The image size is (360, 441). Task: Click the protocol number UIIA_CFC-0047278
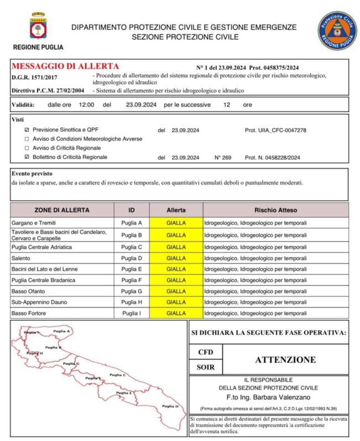(x=275, y=130)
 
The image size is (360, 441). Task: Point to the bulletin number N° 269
(x=223, y=157)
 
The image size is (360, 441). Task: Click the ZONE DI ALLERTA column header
(x=61, y=211)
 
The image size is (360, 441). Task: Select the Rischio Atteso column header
(x=275, y=211)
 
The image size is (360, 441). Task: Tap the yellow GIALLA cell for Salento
(x=176, y=258)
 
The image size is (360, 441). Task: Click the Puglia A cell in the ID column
(x=131, y=223)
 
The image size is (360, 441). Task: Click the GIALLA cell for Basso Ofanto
(x=176, y=291)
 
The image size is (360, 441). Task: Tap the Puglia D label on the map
(x=169, y=406)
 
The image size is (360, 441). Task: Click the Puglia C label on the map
(x=117, y=375)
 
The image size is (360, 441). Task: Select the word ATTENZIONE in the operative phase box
(x=285, y=360)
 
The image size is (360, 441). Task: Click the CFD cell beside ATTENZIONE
(x=205, y=352)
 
